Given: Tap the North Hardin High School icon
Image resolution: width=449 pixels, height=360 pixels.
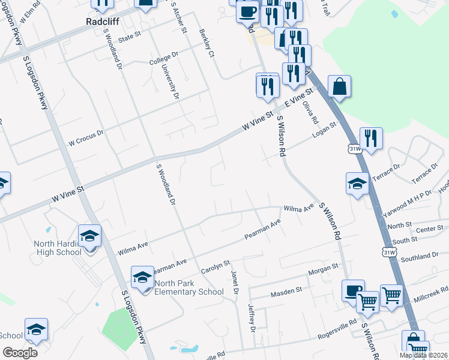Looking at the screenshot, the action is (90, 236).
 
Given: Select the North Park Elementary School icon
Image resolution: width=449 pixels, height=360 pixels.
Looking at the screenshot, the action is (142, 277).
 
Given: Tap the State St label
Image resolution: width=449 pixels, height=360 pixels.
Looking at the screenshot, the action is (129, 37).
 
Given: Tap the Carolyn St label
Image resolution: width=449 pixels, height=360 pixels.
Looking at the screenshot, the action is (215, 266).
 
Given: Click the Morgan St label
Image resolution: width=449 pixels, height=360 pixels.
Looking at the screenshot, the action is (324, 271).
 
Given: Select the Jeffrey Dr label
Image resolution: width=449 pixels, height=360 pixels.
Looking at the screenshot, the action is (252, 317).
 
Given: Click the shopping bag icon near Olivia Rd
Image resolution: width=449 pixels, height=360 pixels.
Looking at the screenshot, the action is (339, 86).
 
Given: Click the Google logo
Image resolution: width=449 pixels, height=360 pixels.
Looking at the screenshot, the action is (20, 353).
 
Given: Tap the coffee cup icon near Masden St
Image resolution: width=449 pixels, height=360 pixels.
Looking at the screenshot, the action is (353, 291).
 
